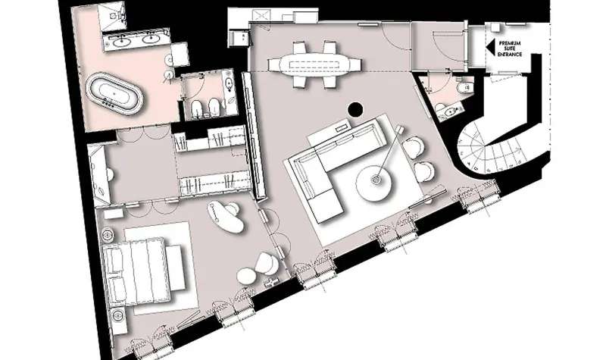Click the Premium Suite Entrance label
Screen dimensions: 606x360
[x=509, y=49]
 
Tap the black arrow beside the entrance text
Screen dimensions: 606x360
[x=490, y=48]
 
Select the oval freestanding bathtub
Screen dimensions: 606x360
[x=114, y=93]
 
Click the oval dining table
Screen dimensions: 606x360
[x=314, y=64]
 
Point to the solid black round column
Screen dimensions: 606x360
[x=355, y=109]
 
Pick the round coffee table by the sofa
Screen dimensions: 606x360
[x=374, y=183]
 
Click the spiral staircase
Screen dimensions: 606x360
[x=491, y=146]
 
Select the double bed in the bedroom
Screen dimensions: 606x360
[x=137, y=271]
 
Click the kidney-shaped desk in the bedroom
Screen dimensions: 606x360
[x=226, y=217]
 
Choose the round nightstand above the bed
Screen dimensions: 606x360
[x=108, y=234]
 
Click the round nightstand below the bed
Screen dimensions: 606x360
[x=118, y=315]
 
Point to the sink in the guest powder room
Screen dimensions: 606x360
[x=449, y=111]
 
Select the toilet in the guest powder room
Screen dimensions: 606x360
[x=463, y=87]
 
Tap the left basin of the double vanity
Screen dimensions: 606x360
[x=123, y=39]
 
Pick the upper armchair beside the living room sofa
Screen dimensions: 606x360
[x=414, y=147]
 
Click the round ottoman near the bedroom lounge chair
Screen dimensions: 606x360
[x=246, y=276]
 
